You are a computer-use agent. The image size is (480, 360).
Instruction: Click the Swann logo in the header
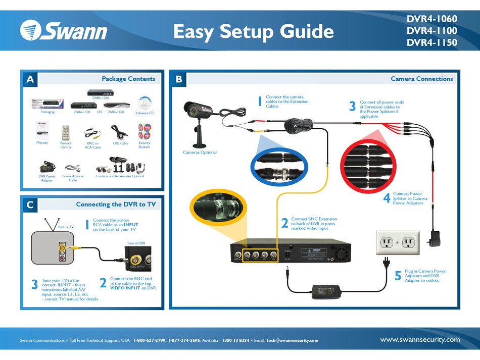point(64,31)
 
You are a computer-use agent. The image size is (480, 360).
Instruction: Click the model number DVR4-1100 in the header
point(431,31)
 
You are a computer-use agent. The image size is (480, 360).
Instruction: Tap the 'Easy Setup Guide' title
point(253,32)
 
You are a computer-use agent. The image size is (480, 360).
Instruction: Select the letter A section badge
point(30,79)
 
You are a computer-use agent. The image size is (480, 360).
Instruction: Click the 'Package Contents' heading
point(128,79)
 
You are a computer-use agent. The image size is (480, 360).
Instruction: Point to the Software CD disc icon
point(145,102)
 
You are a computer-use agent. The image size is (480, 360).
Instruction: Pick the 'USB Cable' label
point(120,143)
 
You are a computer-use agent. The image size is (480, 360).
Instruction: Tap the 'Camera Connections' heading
point(421,79)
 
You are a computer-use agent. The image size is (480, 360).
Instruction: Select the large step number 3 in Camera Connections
point(352,107)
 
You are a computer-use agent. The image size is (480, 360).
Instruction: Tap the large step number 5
point(398,276)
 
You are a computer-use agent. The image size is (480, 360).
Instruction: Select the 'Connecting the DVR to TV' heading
point(116,204)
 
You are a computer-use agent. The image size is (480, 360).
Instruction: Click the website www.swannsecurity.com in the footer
point(419,340)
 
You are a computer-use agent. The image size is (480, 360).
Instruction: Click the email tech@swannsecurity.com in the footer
point(293,340)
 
